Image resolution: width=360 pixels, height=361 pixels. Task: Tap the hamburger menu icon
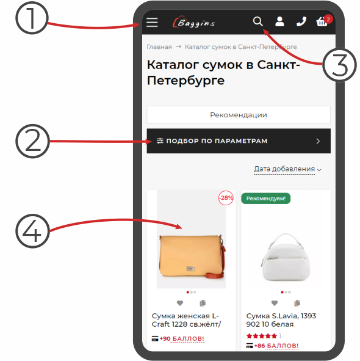pyautogui.click(x=152, y=23)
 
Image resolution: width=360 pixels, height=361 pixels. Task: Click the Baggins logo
pyautogui.click(x=193, y=22)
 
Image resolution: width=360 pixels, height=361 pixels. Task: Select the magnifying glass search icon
pyautogui.click(x=258, y=21)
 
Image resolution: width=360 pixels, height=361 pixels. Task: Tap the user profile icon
pyautogui.click(x=279, y=21)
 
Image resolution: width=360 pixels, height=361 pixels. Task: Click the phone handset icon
pyautogui.click(x=301, y=21)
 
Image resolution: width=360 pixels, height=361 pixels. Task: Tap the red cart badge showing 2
pyautogui.click(x=328, y=20)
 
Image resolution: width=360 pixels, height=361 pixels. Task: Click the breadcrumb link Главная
pyautogui.click(x=159, y=47)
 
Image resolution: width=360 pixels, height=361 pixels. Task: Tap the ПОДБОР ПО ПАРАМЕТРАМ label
pyautogui.click(x=217, y=141)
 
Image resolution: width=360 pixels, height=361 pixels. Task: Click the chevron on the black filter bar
pyautogui.click(x=318, y=141)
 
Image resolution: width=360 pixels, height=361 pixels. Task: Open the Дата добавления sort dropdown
pyautogui.click(x=287, y=169)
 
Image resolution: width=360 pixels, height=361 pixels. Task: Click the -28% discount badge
pyautogui.click(x=226, y=198)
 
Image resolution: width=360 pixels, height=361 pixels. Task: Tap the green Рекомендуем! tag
pyautogui.click(x=265, y=199)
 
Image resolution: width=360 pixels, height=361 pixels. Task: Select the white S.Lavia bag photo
pyautogui.click(x=286, y=257)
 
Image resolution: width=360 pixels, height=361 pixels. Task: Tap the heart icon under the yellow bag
pyautogui.click(x=180, y=303)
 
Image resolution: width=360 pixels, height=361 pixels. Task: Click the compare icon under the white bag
pyautogui.click(x=297, y=303)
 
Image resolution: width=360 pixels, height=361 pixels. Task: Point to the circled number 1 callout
pyautogui.click(x=32, y=18)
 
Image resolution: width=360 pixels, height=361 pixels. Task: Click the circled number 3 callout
pyautogui.click(x=339, y=65)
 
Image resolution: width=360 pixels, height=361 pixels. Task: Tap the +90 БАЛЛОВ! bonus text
pyautogui.click(x=182, y=338)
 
